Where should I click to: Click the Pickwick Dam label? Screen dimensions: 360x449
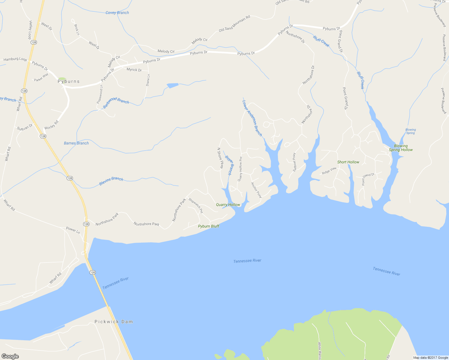click(x=113, y=322)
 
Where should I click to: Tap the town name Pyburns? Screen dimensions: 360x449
click(x=68, y=81)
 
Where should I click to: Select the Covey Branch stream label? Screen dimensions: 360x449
click(x=117, y=13)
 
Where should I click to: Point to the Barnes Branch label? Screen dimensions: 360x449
click(x=76, y=143)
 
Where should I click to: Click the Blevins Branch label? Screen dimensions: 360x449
click(x=111, y=181)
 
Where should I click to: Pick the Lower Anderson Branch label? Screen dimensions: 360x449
click(x=252, y=118)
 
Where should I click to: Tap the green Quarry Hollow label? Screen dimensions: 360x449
click(x=228, y=205)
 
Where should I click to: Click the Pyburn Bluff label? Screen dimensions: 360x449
click(x=209, y=226)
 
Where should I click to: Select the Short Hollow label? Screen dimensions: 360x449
click(x=348, y=162)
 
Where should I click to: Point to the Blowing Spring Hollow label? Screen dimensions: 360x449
click(x=401, y=148)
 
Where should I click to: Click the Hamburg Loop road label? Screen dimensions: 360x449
click(x=15, y=59)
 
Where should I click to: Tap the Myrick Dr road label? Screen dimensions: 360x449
click(x=134, y=70)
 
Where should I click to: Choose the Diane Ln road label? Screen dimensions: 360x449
click(x=148, y=80)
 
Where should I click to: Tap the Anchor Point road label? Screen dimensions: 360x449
click(x=256, y=190)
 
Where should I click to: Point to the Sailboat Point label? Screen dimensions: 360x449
click(x=294, y=162)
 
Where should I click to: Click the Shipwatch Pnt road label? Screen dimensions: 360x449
click(x=196, y=205)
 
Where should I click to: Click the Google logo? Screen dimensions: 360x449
click(x=10, y=356)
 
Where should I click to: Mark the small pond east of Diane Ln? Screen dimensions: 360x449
click(x=172, y=85)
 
